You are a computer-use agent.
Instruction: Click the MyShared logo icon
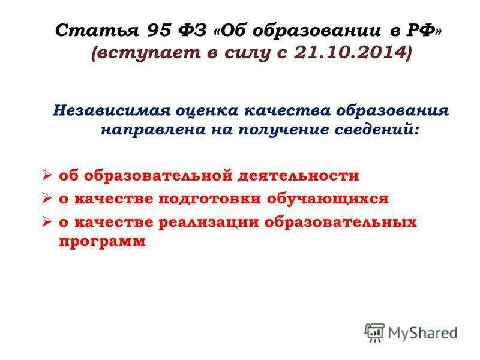(x=374, y=332)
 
